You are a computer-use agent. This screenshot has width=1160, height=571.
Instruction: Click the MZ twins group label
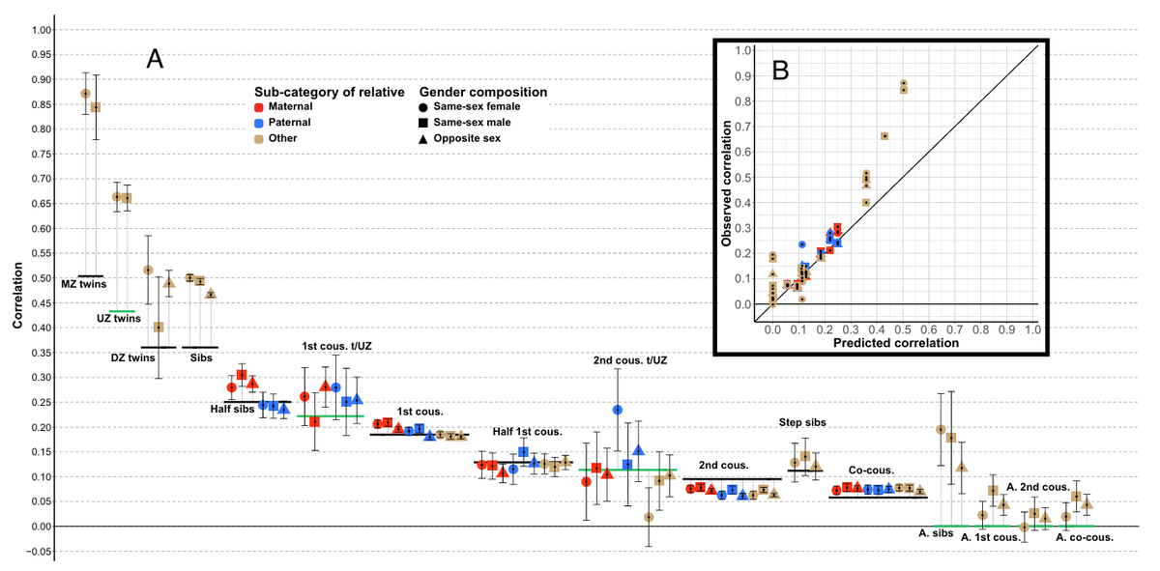point(84,284)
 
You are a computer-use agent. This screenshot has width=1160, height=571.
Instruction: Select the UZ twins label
point(119,319)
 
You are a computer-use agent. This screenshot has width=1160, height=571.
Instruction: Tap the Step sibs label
point(802,422)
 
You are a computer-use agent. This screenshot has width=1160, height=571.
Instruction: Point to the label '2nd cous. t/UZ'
point(630,360)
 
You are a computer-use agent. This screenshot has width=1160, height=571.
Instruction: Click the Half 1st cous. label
point(527,432)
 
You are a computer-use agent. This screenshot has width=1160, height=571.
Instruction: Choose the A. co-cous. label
point(1085,537)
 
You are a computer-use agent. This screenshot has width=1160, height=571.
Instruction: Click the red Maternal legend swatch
point(259,107)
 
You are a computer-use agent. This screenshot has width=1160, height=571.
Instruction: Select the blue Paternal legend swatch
point(259,124)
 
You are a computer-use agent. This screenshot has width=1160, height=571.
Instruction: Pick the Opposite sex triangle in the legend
point(423,139)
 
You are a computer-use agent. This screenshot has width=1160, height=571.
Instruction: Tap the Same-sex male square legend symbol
point(423,123)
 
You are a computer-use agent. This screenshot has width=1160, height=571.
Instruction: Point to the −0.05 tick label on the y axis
point(40,552)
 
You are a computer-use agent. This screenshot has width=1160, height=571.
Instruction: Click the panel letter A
point(155,59)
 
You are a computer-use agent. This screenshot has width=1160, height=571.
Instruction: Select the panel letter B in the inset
point(780,71)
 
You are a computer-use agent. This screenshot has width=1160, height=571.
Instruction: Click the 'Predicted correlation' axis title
point(896,343)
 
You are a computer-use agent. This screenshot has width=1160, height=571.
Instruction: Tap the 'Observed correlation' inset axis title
point(726,184)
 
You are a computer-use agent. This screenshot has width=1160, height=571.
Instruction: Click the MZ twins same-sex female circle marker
point(85,94)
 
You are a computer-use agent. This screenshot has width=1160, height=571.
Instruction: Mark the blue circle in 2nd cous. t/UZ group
point(618,410)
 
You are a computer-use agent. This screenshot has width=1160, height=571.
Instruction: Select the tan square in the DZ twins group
point(159,328)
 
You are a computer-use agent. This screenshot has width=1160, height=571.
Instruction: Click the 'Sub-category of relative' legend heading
point(330,92)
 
